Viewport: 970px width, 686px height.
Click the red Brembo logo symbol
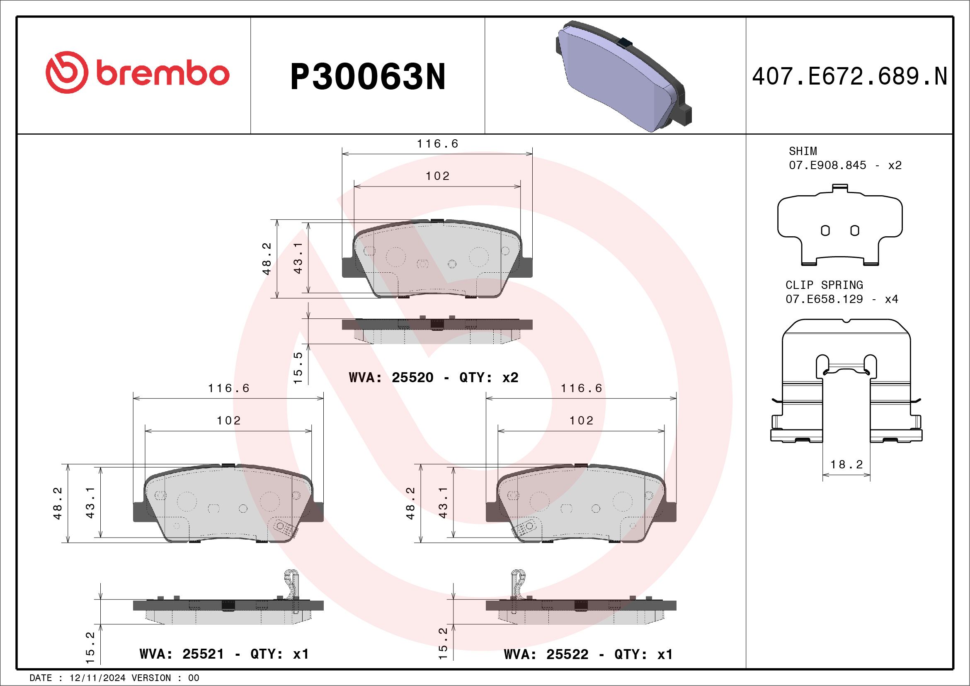point(67,72)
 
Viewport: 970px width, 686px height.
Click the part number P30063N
point(368,77)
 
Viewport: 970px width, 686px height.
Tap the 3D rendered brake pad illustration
point(623,76)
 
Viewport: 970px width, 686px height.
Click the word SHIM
point(803,151)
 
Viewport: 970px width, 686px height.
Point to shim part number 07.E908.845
point(827,165)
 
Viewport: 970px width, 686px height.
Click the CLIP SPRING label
point(824,285)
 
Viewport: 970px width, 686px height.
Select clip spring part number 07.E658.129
point(824,299)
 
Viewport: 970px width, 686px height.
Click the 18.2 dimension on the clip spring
point(846,465)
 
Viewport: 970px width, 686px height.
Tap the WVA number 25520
point(412,377)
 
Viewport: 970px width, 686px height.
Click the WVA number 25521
point(203,654)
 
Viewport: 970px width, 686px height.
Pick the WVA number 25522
point(567,654)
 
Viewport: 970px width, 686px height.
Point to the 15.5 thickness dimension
point(298,368)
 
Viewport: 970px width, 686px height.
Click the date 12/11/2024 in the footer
point(97,678)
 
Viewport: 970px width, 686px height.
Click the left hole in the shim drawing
point(825,230)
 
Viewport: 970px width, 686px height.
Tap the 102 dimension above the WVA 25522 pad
point(581,421)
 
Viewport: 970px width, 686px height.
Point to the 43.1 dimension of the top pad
point(298,259)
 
